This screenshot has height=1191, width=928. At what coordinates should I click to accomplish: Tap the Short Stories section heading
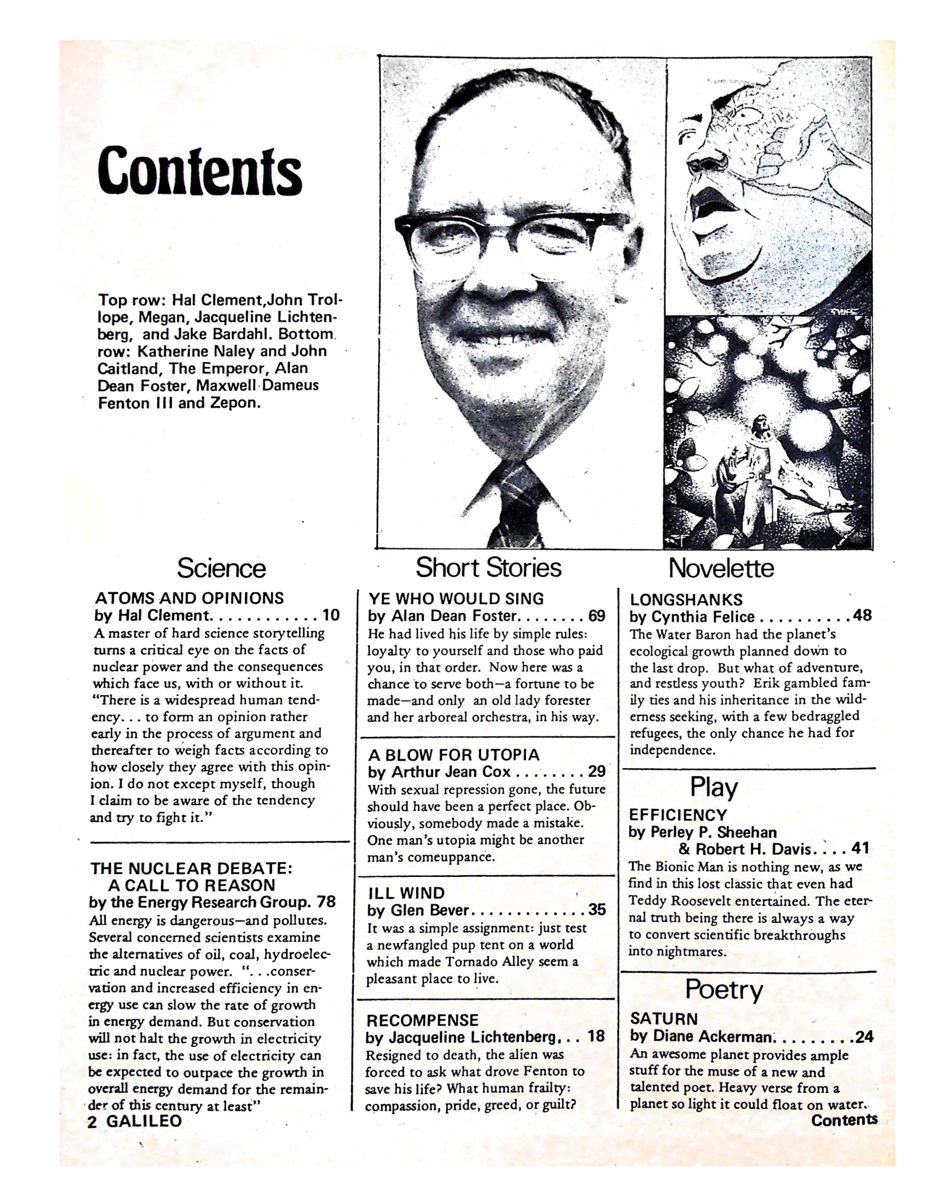[x=488, y=568]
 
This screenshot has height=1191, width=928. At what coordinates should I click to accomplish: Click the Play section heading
[x=713, y=788]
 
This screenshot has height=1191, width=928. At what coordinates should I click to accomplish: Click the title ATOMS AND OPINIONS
[x=189, y=598]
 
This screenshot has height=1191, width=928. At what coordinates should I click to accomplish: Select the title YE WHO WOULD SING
[x=456, y=599]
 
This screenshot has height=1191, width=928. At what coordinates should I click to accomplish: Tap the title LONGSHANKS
[x=686, y=600]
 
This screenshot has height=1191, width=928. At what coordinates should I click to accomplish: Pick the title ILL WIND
[x=406, y=893]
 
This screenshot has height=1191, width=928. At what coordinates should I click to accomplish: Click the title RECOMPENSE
[x=422, y=1020]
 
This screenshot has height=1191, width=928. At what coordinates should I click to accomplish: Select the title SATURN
[x=664, y=1019]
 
